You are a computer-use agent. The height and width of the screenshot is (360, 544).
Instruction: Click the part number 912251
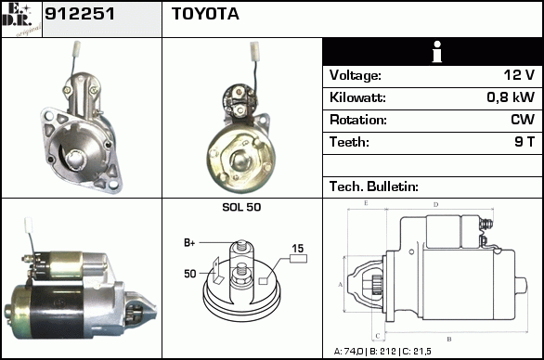tap(80, 14)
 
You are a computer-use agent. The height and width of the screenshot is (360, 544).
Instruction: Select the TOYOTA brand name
tap(205, 14)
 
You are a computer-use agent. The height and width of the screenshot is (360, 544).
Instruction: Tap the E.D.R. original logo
tap(21, 19)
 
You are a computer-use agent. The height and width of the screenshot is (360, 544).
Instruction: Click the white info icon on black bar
tap(437, 52)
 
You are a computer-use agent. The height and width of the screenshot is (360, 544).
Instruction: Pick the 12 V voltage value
tap(519, 74)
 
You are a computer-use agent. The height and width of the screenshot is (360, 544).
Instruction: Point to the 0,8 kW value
tap(511, 97)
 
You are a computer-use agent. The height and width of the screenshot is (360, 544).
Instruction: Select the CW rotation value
tap(523, 120)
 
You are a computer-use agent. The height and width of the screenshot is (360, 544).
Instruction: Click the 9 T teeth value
tap(525, 142)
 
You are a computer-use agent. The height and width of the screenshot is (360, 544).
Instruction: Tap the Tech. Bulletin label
tap(374, 186)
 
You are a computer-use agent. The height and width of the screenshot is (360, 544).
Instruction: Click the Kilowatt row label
tap(357, 97)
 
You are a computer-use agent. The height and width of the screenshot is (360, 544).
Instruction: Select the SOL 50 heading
tap(241, 207)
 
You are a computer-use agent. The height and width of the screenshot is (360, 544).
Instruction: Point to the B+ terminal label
tap(189, 243)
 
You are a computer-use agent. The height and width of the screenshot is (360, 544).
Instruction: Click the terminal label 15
tap(298, 249)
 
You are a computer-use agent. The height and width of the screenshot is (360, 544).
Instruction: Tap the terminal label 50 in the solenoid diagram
tap(190, 274)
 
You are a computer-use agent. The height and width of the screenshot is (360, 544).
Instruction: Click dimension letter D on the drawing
tap(435, 205)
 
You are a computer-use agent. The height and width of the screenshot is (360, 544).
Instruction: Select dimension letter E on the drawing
tap(366, 203)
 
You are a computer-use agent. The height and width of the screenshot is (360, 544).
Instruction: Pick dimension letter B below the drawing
tap(449, 340)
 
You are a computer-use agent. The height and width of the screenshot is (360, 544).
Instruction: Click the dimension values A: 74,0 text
tap(348, 352)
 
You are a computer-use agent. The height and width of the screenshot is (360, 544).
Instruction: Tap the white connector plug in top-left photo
tap(76, 48)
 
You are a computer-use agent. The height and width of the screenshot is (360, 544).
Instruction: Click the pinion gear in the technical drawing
tap(376, 285)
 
